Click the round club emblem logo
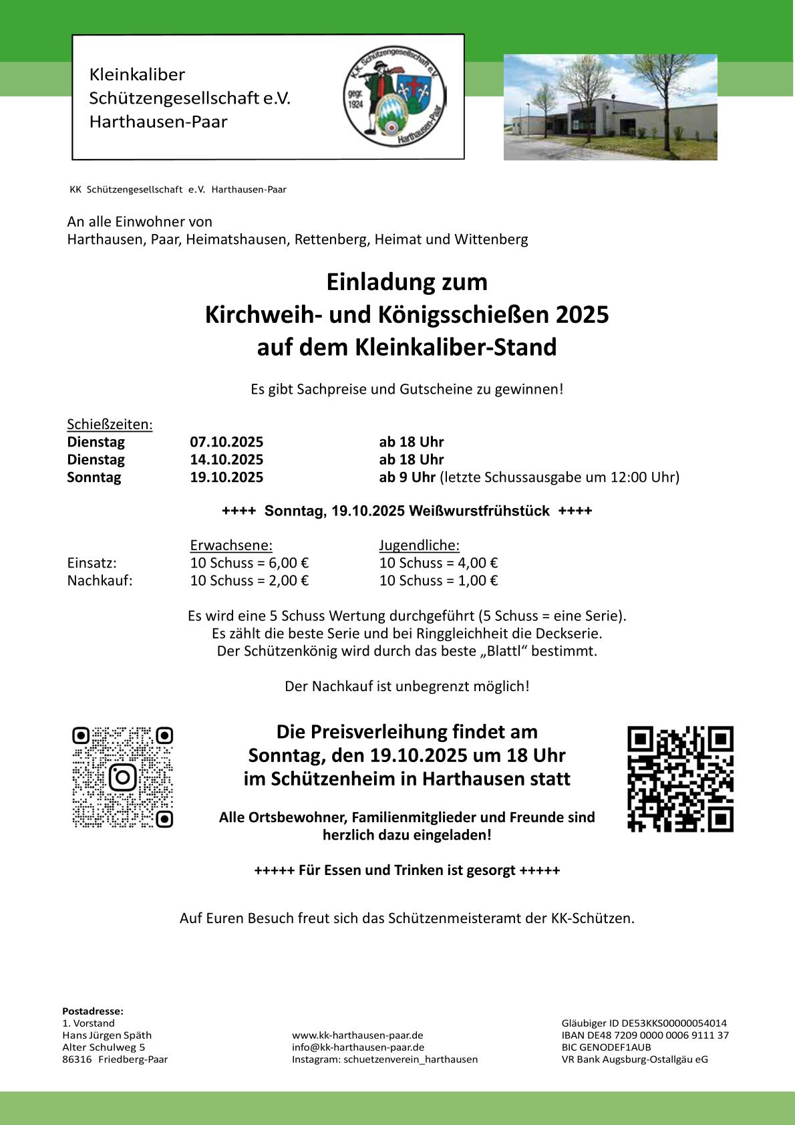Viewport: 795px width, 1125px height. pyautogui.click(x=394, y=97)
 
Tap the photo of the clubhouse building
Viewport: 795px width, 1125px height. pyautogui.click(x=610, y=107)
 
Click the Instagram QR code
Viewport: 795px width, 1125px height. pyautogui.click(x=122, y=777)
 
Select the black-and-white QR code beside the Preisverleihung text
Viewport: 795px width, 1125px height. pyautogui.click(x=680, y=779)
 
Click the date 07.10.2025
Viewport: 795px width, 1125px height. pyautogui.click(x=226, y=442)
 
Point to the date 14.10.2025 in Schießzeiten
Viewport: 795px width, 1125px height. pyautogui.click(x=226, y=459)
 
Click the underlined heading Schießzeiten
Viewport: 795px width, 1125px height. pyautogui.click(x=110, y=424)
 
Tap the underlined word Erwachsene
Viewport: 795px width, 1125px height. pyautogui.click(x=231, y=545)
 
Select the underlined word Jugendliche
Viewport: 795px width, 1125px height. pyautogui.click(x=419, y=545)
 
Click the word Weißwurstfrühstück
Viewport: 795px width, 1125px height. pyautogui.click(x=479, y=511)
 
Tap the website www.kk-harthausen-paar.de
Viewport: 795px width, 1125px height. pyautogui.click(x=357, y=1035)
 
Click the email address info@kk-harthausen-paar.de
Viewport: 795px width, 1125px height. pyautogui.click(x=358, y=1047)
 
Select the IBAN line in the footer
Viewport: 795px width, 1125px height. pyautogui.click(x=645, y=1035)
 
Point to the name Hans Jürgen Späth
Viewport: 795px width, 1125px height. pyautogui.click(x=107, y=1035)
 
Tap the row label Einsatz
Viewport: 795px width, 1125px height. pyautogui.click(x=92, y=563)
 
